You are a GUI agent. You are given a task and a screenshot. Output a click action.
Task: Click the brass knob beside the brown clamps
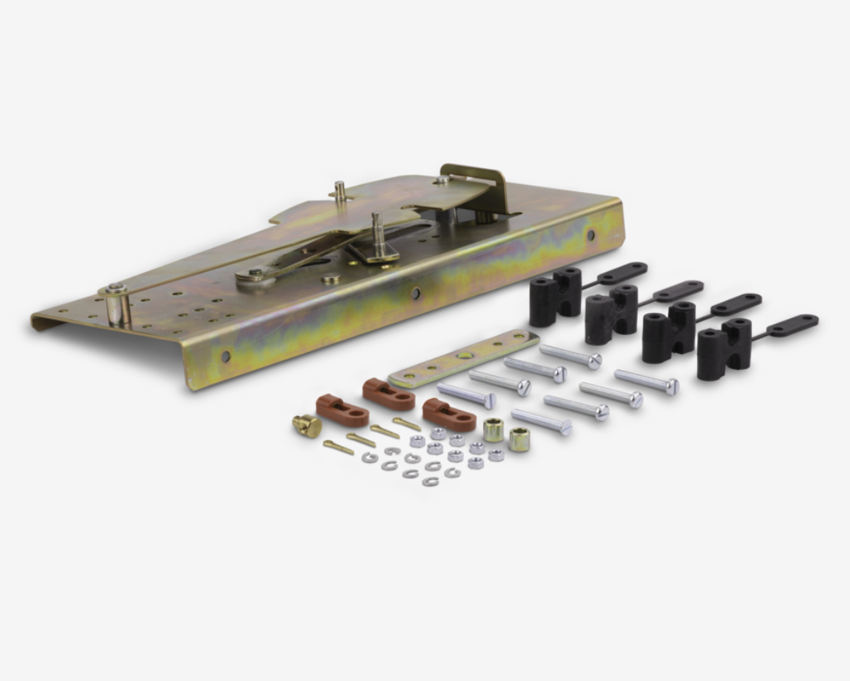(x=306, y=426)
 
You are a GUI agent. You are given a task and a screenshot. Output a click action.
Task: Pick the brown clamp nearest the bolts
(x=448, y=414)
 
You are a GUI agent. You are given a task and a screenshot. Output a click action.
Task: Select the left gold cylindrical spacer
(x=494, y=429)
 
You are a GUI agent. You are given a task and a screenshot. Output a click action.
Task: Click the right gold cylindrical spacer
(x=519, y=438)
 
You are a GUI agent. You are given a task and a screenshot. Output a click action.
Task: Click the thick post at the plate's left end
(x=118, y=303)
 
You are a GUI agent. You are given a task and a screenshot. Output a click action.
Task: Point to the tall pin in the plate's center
(x=378, y=234)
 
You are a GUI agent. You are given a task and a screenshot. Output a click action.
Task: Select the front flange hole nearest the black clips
(x=590, y=235)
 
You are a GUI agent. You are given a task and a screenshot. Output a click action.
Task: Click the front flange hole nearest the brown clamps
(x=226, y=357)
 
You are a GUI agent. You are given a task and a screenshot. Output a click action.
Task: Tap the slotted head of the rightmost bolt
(x=672, y=386)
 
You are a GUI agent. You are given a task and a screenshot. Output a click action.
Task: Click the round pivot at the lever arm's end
(x=254, y=274)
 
